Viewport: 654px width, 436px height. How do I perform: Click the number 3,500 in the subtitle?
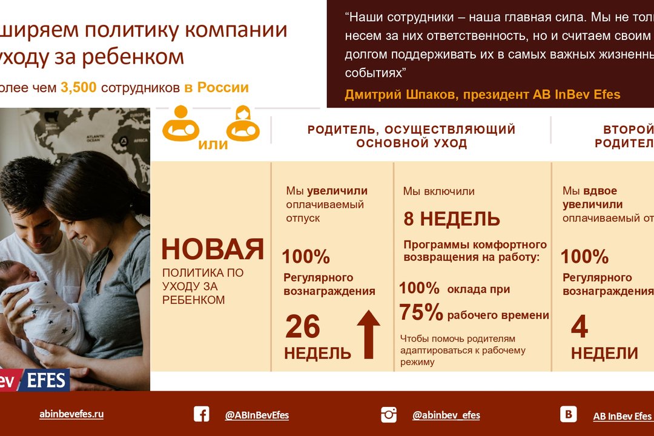point(78,87)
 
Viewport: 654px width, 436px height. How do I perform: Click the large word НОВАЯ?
point(213,249)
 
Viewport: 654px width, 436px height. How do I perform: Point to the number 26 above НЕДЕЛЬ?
point(302,327)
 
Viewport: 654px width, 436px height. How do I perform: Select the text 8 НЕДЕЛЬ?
point(452,219)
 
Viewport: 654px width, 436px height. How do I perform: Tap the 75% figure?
point(421,312)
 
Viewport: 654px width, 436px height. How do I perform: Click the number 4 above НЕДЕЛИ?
point(580,327)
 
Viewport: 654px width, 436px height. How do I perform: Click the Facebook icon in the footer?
point(202,414)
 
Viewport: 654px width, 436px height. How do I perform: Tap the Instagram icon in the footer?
point(389,415)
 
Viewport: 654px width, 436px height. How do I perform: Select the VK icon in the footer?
point(568,414)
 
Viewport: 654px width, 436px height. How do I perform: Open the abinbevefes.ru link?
point(71,414)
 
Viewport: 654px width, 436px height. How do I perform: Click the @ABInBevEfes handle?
point(257,415)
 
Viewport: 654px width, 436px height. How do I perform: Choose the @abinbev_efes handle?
point(446,415)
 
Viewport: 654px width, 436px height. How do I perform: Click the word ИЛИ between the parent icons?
point(213,145)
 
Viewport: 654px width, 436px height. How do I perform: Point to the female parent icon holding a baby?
point(243,123)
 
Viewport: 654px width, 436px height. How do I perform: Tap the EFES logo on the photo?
point(47,380)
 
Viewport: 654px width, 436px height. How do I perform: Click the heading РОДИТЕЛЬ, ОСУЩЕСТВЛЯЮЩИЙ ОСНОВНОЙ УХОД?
point(411,136)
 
